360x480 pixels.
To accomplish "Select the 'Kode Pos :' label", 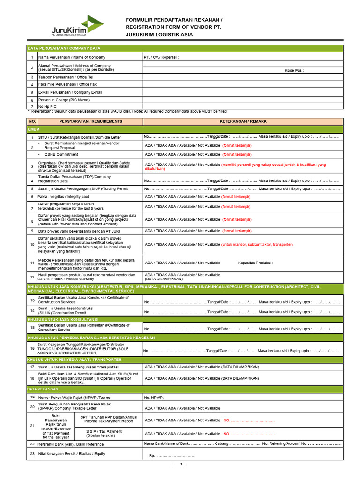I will pos(294,70).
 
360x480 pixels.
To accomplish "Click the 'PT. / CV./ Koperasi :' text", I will pos(162,57).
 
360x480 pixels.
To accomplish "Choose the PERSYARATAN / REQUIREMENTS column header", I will pos(90,121).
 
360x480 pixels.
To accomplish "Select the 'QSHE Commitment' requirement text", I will pos(61,154).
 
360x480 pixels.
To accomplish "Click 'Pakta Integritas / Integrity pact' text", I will pos(63,197).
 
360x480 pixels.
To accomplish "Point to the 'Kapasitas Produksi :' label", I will pos(255,263).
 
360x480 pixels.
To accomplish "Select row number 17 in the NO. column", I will pos(32,367).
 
